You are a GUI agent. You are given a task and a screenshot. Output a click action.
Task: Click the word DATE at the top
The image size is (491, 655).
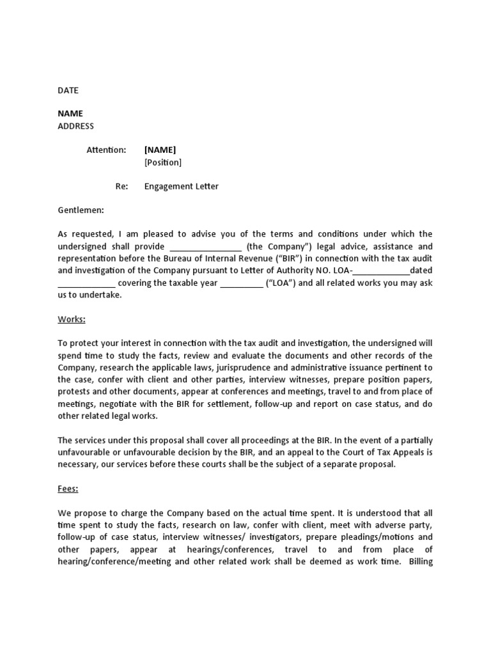68,90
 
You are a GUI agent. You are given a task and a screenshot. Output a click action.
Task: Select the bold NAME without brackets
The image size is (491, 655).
70,113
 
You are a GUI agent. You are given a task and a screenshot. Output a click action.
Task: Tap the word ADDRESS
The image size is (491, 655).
76,126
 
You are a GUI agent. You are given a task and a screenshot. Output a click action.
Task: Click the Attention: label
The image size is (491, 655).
106,150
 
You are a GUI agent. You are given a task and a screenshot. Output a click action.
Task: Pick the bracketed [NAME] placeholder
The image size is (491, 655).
160,150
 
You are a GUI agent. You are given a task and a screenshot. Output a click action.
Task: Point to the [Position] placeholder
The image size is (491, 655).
163,162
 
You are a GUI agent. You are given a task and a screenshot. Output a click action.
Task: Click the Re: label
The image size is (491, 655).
121,186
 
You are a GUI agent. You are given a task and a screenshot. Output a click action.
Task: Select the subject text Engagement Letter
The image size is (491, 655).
182,186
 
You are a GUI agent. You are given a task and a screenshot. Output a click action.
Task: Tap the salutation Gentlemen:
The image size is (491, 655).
81,210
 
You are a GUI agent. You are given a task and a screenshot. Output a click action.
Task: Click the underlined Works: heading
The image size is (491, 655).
72,319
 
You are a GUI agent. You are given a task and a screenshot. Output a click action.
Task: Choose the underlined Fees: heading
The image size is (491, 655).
68,489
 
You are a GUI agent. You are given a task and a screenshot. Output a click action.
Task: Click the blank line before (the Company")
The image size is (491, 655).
205,247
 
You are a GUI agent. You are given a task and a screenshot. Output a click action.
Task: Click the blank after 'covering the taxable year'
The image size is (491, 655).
242,283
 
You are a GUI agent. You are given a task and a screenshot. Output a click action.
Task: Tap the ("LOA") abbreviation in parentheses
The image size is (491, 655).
280,283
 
